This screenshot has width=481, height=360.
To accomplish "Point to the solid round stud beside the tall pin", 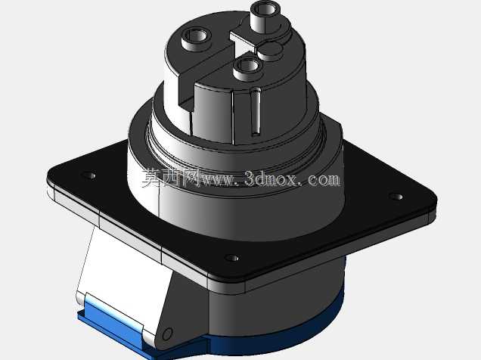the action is (270, 51).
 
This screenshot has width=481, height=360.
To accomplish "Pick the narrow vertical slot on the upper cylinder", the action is (256, 112).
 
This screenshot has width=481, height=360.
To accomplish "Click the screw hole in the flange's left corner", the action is (88, 175).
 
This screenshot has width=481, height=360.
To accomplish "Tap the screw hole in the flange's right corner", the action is (396, 197).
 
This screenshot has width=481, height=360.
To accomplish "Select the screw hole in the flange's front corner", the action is (232, 258).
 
